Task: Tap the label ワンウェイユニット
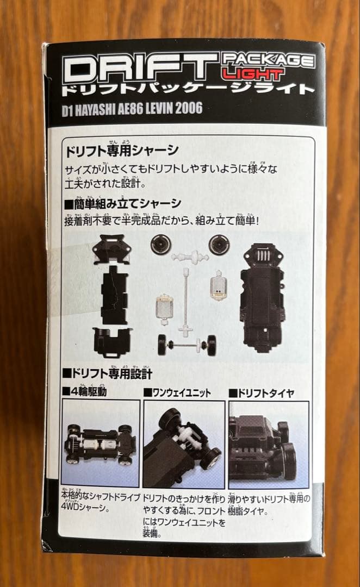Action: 177,392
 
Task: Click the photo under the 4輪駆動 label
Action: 100,442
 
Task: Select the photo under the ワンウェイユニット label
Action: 183,444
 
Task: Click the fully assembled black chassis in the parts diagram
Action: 263,296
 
